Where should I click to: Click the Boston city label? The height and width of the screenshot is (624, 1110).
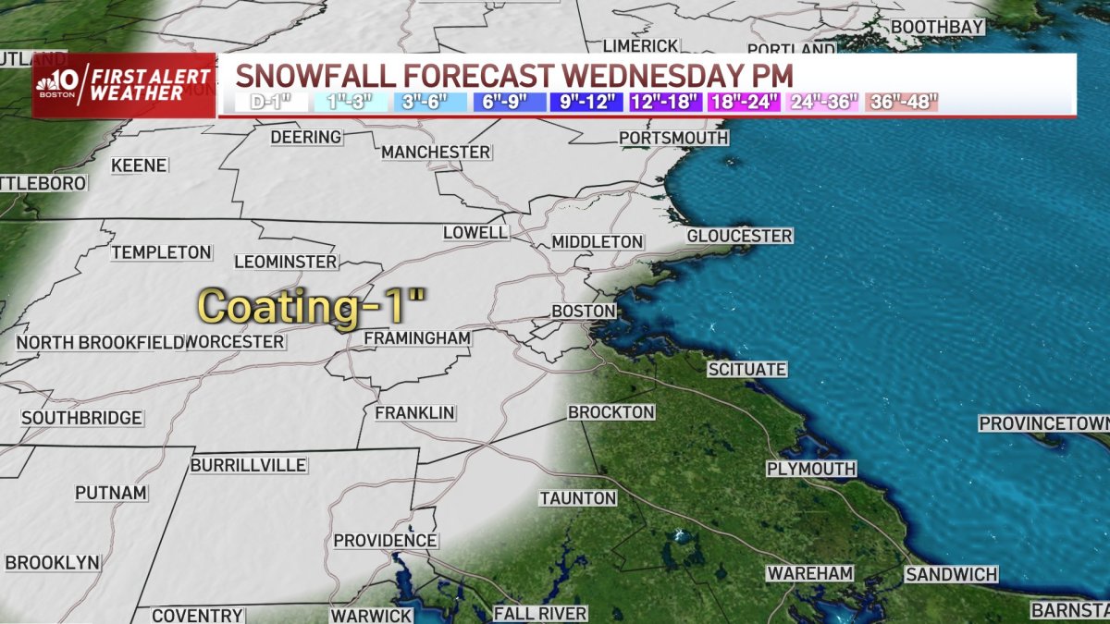tap(584, 312)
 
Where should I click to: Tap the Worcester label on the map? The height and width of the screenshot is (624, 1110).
tap(235, 342)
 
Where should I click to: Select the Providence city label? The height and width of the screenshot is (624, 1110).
tap(385, 540)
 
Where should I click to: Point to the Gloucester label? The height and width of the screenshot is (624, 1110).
tap(739, 237)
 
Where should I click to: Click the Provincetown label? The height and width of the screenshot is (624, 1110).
tap(1044, 423)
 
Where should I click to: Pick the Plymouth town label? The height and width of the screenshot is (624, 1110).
tap(811, 469)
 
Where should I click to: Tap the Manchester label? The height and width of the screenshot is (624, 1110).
tap(436, 152)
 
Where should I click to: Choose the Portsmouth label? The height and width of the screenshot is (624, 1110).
tap(673, 139)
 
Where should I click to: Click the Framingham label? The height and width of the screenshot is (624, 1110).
tap(417, 338)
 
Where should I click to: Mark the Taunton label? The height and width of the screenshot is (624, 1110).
tap(578, 498)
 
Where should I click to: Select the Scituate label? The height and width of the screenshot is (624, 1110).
tap(746, 370)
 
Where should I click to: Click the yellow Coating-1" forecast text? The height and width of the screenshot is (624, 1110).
tap(312, 307)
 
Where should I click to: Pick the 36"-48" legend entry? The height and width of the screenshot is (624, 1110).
tap(903, 102)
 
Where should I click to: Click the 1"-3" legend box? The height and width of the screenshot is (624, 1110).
tap(347, 102)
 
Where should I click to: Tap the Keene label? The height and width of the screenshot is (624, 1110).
tap(139, 165)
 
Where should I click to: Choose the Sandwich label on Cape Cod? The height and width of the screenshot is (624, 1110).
tap(951, 575)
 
